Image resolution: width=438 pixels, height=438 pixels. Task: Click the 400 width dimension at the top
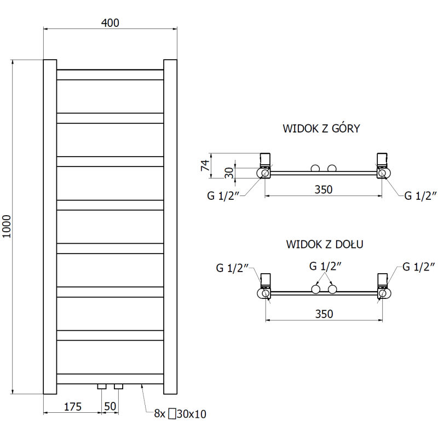point(109,22)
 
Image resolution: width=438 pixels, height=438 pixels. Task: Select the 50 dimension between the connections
point(110,406)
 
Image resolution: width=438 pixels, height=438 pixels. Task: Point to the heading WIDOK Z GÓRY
point(321,129)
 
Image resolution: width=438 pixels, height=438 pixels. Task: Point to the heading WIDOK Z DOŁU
point(321,244)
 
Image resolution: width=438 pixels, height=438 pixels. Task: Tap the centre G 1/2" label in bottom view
point(326,267)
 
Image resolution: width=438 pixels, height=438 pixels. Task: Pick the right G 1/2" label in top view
point(420,196)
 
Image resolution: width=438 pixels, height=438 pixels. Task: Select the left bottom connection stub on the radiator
point(102,387)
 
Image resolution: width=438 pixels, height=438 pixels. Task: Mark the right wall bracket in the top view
point(382,159)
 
